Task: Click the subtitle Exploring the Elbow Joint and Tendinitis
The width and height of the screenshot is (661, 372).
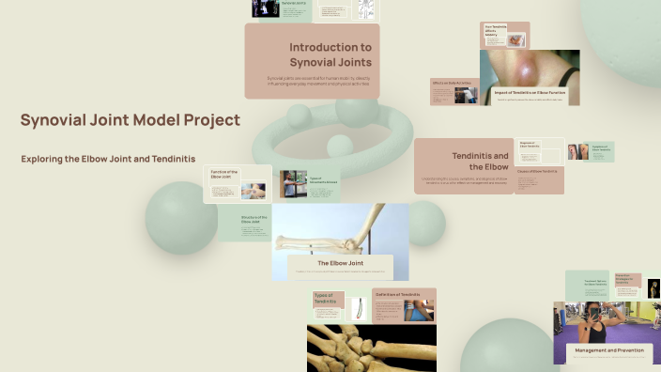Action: (x=108, y=159)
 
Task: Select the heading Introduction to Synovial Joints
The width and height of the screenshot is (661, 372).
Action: (x=330, y=54)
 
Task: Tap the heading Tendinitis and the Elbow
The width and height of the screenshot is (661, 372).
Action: (x=480, y=161)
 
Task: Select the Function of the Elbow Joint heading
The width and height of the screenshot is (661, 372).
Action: (x=223, y=174)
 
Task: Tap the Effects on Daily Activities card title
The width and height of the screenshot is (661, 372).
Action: (x=450, y=84)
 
